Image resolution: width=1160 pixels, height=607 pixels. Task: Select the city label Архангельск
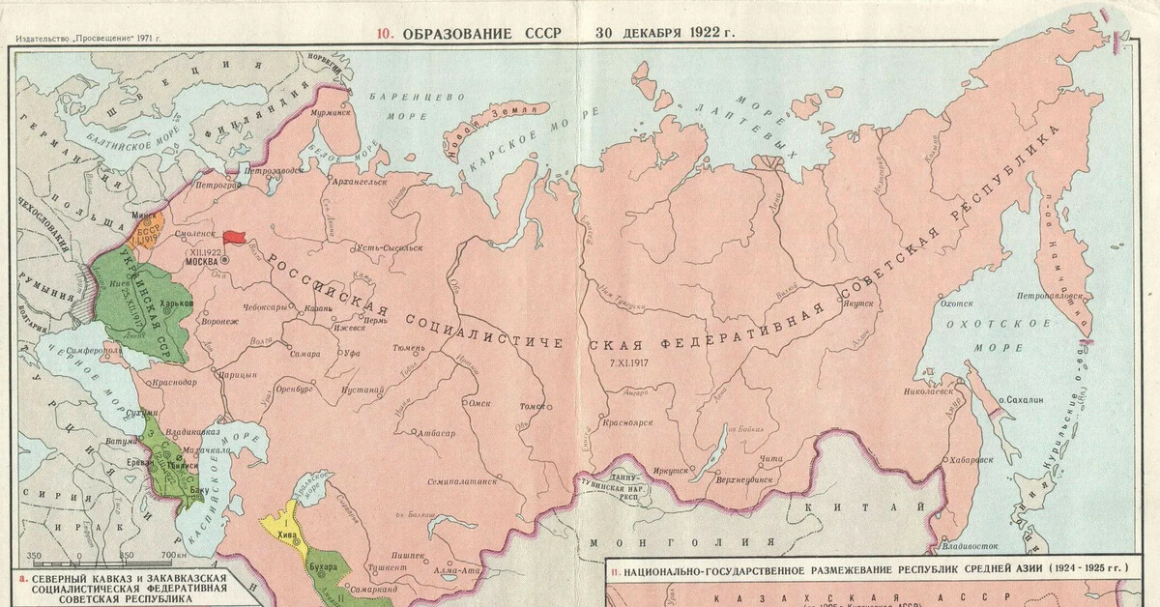tap(357, 181)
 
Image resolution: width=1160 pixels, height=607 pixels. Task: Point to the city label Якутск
tap(857, 303)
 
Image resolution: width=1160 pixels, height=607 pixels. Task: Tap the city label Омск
tap(479, 403)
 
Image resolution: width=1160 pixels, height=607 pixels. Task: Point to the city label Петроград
tap(217, 183)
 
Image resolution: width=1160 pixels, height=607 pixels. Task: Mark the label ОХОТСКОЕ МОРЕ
tap(983, 335)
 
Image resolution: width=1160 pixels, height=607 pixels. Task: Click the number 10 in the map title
tap(384, 32)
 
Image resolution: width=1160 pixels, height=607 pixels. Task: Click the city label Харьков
tap(175, 303)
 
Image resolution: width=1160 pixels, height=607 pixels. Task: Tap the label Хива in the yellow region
tap(286, 531)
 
